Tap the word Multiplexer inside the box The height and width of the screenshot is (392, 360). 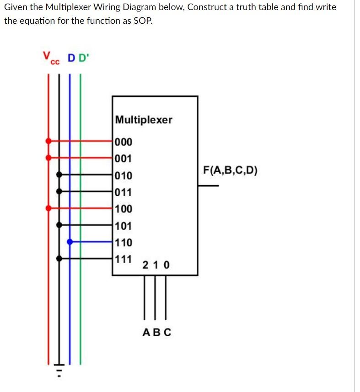(x=144, y=120)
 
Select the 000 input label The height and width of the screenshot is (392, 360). (x=124, y=142)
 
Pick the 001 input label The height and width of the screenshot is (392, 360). (x=124, y=159)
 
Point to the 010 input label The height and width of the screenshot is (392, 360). (x=124, y=176)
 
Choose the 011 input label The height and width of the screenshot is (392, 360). (x=124, y=193)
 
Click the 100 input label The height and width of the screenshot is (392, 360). (x=124, y=209)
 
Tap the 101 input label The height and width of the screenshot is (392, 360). (x=124, y=226)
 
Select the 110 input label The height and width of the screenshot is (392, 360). (x=124, y=242)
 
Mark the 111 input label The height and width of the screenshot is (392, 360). (x=124, y=259)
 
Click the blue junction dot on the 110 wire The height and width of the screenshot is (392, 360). (x=70, y=242)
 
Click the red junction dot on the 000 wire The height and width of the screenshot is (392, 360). (x=48, y=141)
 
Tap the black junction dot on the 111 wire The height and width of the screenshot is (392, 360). (x=59, y=258)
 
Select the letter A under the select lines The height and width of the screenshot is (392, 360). (x=146, y=333)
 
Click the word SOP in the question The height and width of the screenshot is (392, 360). (x=140, y=21)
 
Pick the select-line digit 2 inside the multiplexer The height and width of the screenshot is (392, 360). (x=145, y=265)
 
